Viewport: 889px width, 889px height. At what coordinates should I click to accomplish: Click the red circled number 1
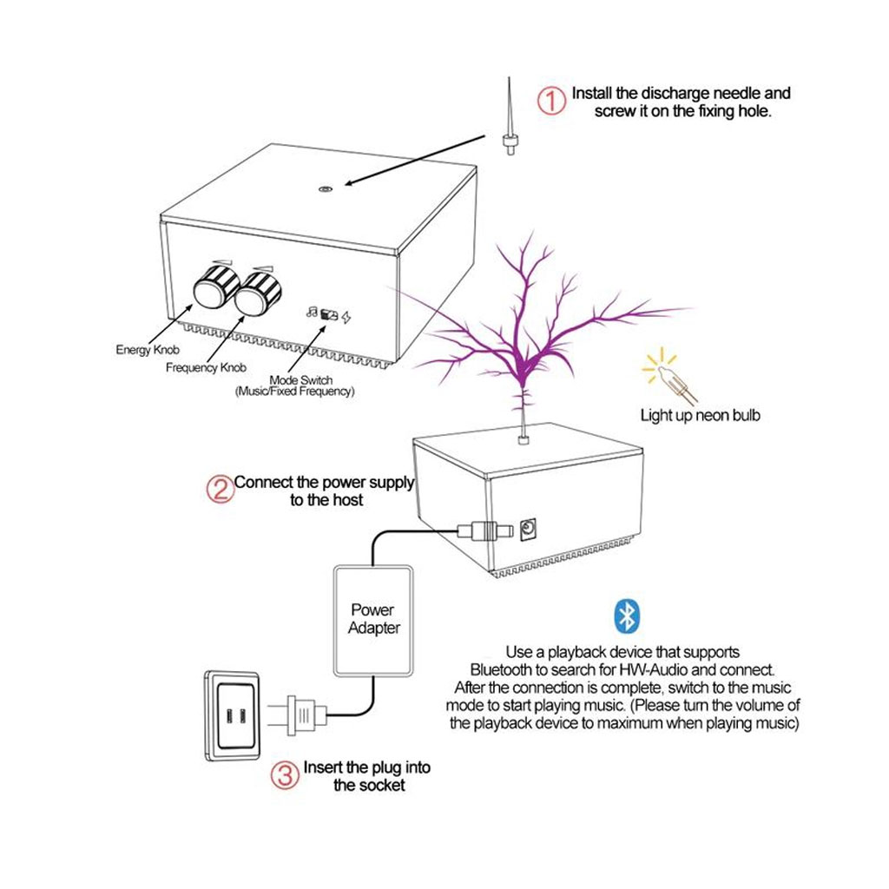click(x=552, y=101)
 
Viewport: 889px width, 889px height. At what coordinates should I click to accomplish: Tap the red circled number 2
click(x=220, y=490)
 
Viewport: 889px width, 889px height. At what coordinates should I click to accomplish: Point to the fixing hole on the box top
click(x=326, y=188)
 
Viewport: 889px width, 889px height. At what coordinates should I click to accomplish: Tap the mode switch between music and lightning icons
click(x=329, y=315)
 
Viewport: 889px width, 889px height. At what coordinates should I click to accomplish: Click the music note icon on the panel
click(x=311, y=313)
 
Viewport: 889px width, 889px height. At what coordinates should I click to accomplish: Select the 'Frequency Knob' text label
click(x=206, y=368)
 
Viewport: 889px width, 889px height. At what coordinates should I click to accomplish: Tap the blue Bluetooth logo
click(x=625, y=615)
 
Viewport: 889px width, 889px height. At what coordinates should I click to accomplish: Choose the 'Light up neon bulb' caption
click(x=700, y=416)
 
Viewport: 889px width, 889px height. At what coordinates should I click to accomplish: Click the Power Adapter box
click(x=373, y=619)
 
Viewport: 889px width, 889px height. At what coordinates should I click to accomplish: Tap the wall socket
click(x=234, y=716)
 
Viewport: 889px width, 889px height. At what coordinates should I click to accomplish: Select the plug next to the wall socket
click(x=300, y=715)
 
